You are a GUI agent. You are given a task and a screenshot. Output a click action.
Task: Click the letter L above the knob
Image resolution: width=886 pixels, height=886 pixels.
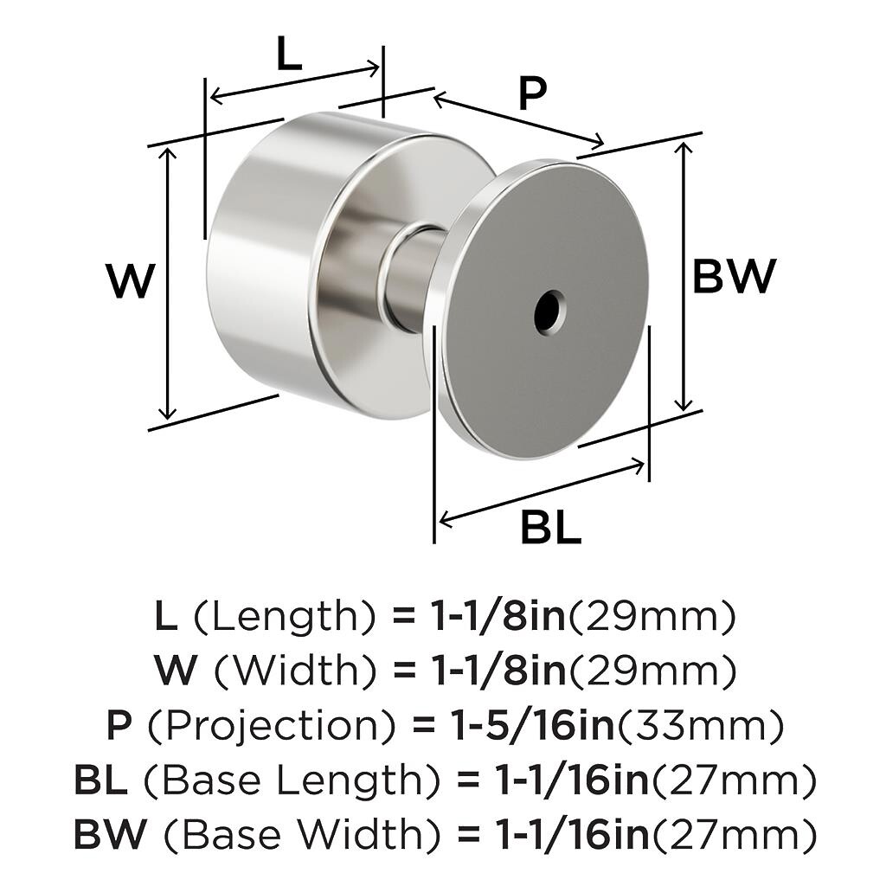289,55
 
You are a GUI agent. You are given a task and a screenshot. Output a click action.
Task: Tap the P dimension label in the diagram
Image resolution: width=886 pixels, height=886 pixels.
533,93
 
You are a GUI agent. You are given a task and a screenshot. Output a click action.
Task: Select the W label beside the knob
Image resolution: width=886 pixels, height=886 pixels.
131,282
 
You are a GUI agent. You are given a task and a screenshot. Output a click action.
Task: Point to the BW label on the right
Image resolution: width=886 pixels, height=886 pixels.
734,277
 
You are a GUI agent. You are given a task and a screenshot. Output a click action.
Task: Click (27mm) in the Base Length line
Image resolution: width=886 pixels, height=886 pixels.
733,781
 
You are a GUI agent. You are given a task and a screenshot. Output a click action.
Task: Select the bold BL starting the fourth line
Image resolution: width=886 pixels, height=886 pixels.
100,781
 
